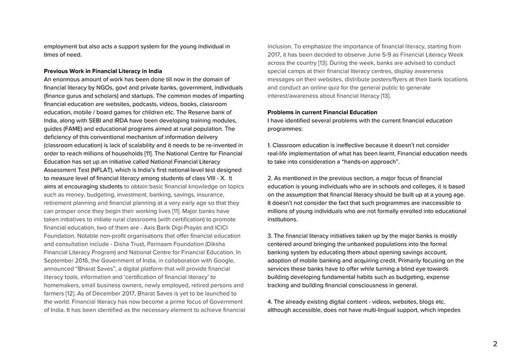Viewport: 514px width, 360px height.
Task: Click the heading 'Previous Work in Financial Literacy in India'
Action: tap(103, 71)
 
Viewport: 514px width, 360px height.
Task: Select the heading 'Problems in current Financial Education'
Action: tap(322, 112)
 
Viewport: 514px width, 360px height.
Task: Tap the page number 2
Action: tap(495, 344)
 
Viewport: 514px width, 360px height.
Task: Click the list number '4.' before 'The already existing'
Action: tap(270, 302)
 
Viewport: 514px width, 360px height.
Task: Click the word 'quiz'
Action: tap(341, 87)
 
